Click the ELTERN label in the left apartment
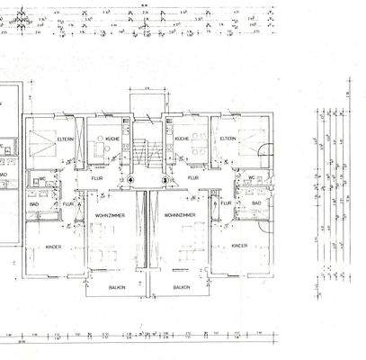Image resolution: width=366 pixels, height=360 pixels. pyautogui.click(x=65, y=139)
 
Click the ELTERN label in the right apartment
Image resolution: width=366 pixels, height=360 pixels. pyautogui.click(x=228, y=139)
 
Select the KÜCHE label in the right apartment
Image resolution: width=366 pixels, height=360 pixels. pyautogui.click(x=182, y=139)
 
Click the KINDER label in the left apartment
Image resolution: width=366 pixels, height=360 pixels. pyautogui.click(x=53, y=246)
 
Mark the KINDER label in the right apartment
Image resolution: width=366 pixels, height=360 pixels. pyautogui.click(x=239, y=246)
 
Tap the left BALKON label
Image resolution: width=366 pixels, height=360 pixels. pyautogui.click(x=116, y=288)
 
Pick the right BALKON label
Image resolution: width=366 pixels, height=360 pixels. pyautogui.click(x=182, y=288)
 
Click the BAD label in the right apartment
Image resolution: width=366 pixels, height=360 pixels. pyautogui.click(x=255, y=203)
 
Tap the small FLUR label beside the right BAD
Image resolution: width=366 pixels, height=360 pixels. pyautogui.click(x=226, y=203)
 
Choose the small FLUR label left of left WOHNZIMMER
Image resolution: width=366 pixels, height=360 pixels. pyautogui.click(x=69, y=203)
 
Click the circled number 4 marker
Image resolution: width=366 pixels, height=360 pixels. pyautogui.click(x=130, y=179)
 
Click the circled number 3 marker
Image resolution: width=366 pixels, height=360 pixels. pyautogui.click(x=164, y=179)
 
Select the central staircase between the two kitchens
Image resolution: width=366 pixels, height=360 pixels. pyautogui.click(x=147, y=148)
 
